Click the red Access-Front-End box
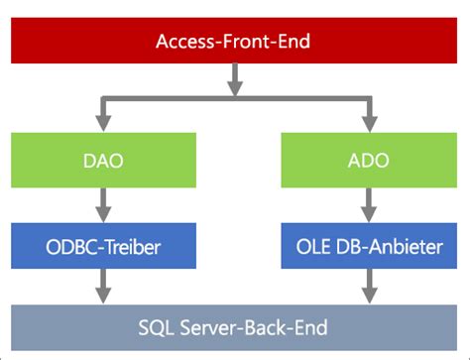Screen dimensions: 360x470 pyautogui.click(x=234, y=42)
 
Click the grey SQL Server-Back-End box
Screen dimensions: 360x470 pyautogui.click(x=234, y=326)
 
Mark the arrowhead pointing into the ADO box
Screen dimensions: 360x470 pyautogui.click(x=368, y=125)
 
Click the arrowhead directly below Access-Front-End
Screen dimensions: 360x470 pyautogui.click(x=234, y=86)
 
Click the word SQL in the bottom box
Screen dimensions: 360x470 pyautogui.click(x=156, y=326)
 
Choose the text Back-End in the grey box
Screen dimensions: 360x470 pyautogui.click(x=288, y=326)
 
